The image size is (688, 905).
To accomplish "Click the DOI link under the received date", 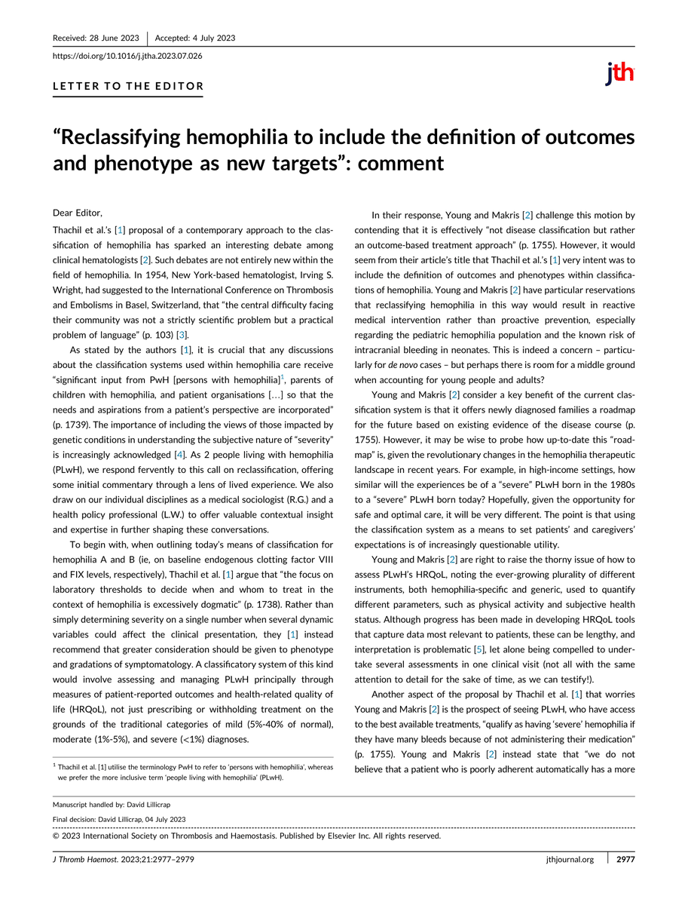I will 127,56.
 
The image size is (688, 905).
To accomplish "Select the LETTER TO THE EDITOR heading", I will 128,86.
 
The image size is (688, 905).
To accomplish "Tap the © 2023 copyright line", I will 246,836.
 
